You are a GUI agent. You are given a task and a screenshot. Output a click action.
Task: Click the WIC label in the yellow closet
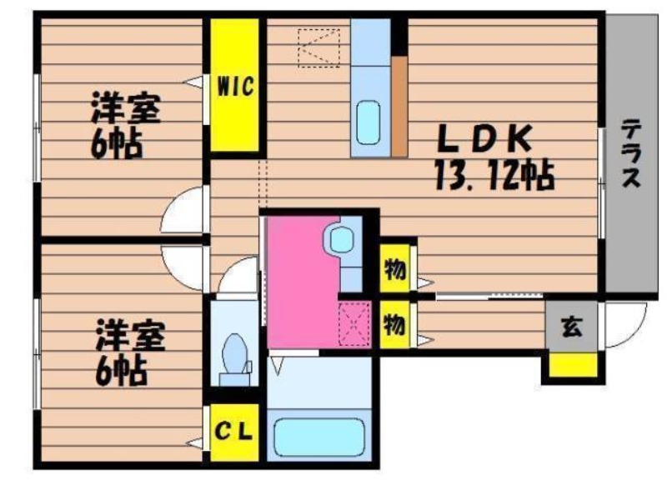235,87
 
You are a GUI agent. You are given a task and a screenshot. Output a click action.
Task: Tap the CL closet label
233,432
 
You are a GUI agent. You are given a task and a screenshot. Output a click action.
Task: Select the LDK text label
485,139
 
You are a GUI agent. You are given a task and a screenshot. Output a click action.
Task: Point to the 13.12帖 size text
494,175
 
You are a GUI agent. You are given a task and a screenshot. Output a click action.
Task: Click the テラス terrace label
631,153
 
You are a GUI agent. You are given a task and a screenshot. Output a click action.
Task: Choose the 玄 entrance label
571,327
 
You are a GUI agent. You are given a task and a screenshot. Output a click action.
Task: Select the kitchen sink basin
369,122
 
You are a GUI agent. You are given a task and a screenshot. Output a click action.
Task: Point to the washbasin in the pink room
342,240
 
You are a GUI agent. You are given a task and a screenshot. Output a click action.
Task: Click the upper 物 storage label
394,269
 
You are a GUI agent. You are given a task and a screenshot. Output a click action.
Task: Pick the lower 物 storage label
394,325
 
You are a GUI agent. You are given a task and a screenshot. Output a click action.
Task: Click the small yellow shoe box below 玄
573,365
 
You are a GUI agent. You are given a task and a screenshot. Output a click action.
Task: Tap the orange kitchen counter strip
399,107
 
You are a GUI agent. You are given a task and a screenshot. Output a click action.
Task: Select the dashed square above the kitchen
318,48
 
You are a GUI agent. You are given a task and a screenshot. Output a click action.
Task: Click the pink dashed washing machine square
354,323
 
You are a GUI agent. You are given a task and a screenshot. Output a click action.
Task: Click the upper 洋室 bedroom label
126,108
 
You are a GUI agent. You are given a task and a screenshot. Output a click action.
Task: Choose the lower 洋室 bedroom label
131,336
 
